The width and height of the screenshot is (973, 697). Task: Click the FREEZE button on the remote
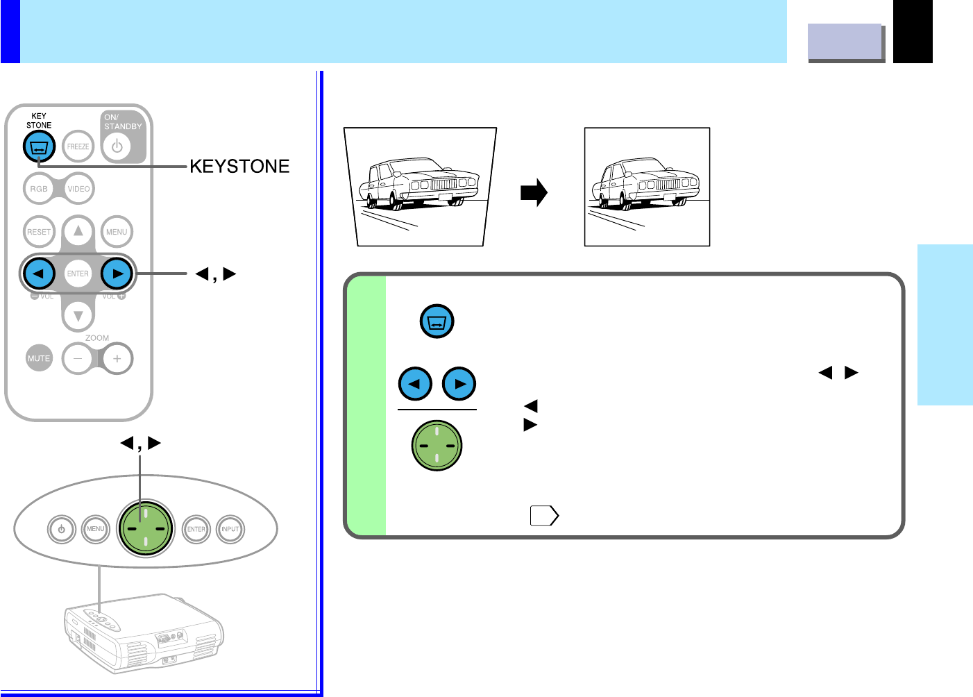78,146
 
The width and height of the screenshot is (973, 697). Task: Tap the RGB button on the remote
39,189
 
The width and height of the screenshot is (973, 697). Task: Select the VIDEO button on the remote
78,189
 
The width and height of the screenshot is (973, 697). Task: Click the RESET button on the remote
39,232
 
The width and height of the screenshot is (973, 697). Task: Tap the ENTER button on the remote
78,274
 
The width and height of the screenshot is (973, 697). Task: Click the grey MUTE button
39,358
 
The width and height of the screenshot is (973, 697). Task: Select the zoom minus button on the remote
78,358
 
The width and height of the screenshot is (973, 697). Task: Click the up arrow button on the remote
78,231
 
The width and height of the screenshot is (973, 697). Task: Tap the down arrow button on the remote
78,316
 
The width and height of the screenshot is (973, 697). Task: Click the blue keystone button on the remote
39,146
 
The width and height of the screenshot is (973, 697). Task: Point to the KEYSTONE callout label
239,167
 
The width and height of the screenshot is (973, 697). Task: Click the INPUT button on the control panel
230,529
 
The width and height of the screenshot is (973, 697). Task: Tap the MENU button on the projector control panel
96,529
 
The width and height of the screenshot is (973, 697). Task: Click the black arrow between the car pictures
534,193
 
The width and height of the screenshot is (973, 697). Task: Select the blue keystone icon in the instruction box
437,322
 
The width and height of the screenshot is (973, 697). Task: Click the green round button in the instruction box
437,446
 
